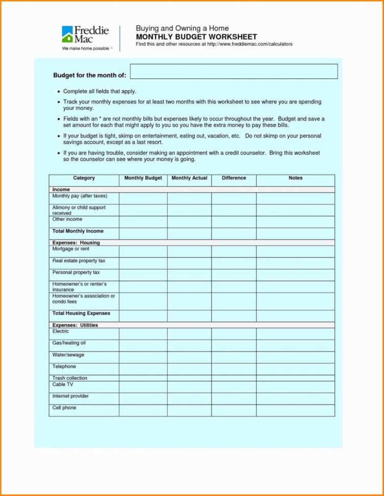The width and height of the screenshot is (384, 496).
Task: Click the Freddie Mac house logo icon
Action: [x=68, y=34]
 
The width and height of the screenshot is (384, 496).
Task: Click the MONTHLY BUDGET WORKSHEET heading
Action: [x=196, y=37]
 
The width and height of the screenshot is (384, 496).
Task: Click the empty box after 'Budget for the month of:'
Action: [x=234, y=72]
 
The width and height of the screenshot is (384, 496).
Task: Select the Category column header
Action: [x=84, y=178]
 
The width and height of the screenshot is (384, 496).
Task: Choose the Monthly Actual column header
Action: [x=189, y=178]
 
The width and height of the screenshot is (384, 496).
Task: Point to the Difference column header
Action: [x=234, y=178]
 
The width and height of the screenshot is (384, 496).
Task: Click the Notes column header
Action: [x=296, y=178]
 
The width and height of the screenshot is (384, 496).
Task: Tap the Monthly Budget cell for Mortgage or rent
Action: [x=143, y=251]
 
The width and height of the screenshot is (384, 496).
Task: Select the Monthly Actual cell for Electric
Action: [x=189, y=333]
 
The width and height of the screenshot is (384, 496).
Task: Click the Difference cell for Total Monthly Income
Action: [x=234, y=233]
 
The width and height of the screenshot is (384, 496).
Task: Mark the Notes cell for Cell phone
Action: [x=296, y=410]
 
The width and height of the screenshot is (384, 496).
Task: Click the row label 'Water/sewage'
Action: [x=69, y=355]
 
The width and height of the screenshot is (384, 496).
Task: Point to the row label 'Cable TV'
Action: [x=63, y=384]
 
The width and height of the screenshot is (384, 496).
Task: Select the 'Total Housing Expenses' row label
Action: [x=81, y=313]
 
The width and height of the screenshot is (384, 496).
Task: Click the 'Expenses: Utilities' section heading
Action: [x=75, y=325]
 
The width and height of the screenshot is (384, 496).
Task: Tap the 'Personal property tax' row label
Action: [x=76, y=273]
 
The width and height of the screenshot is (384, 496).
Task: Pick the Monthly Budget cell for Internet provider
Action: [x=143, y=398]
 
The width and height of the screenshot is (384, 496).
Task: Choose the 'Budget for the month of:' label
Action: [x=89, y=75]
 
